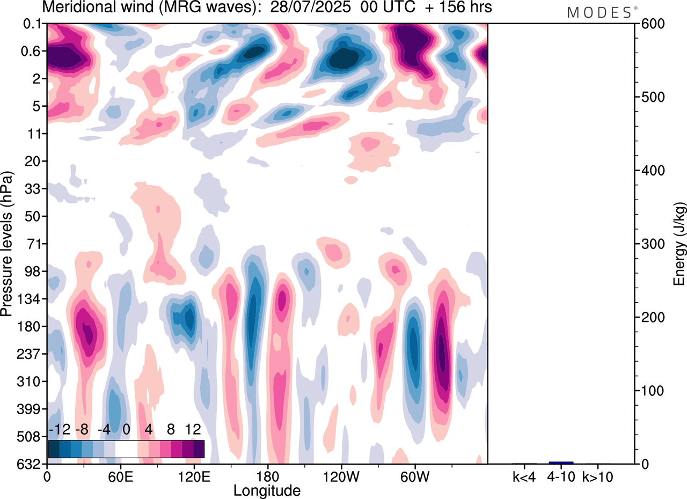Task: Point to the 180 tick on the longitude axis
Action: pos(267,476)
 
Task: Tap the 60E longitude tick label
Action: pos(120,476)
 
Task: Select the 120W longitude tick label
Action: pos(341,476)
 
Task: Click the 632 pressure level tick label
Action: pos(31,464)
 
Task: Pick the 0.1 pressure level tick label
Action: pos(33,24)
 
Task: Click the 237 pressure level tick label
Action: pos(31,354)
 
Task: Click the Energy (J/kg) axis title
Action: pos(679,244)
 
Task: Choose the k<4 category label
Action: pos(524,476)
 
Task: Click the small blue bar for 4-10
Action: pos(561,463)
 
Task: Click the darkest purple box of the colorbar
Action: pos(199,449)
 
